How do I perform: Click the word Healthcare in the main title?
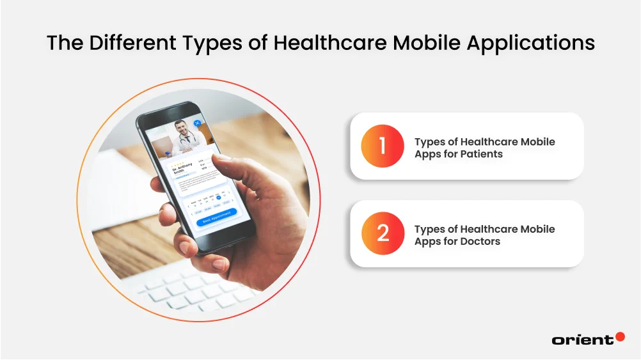point(326,43)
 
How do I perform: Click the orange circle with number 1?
point(383,146)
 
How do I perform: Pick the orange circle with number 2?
point(383,233)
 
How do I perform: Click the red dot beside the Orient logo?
point(619,336)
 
